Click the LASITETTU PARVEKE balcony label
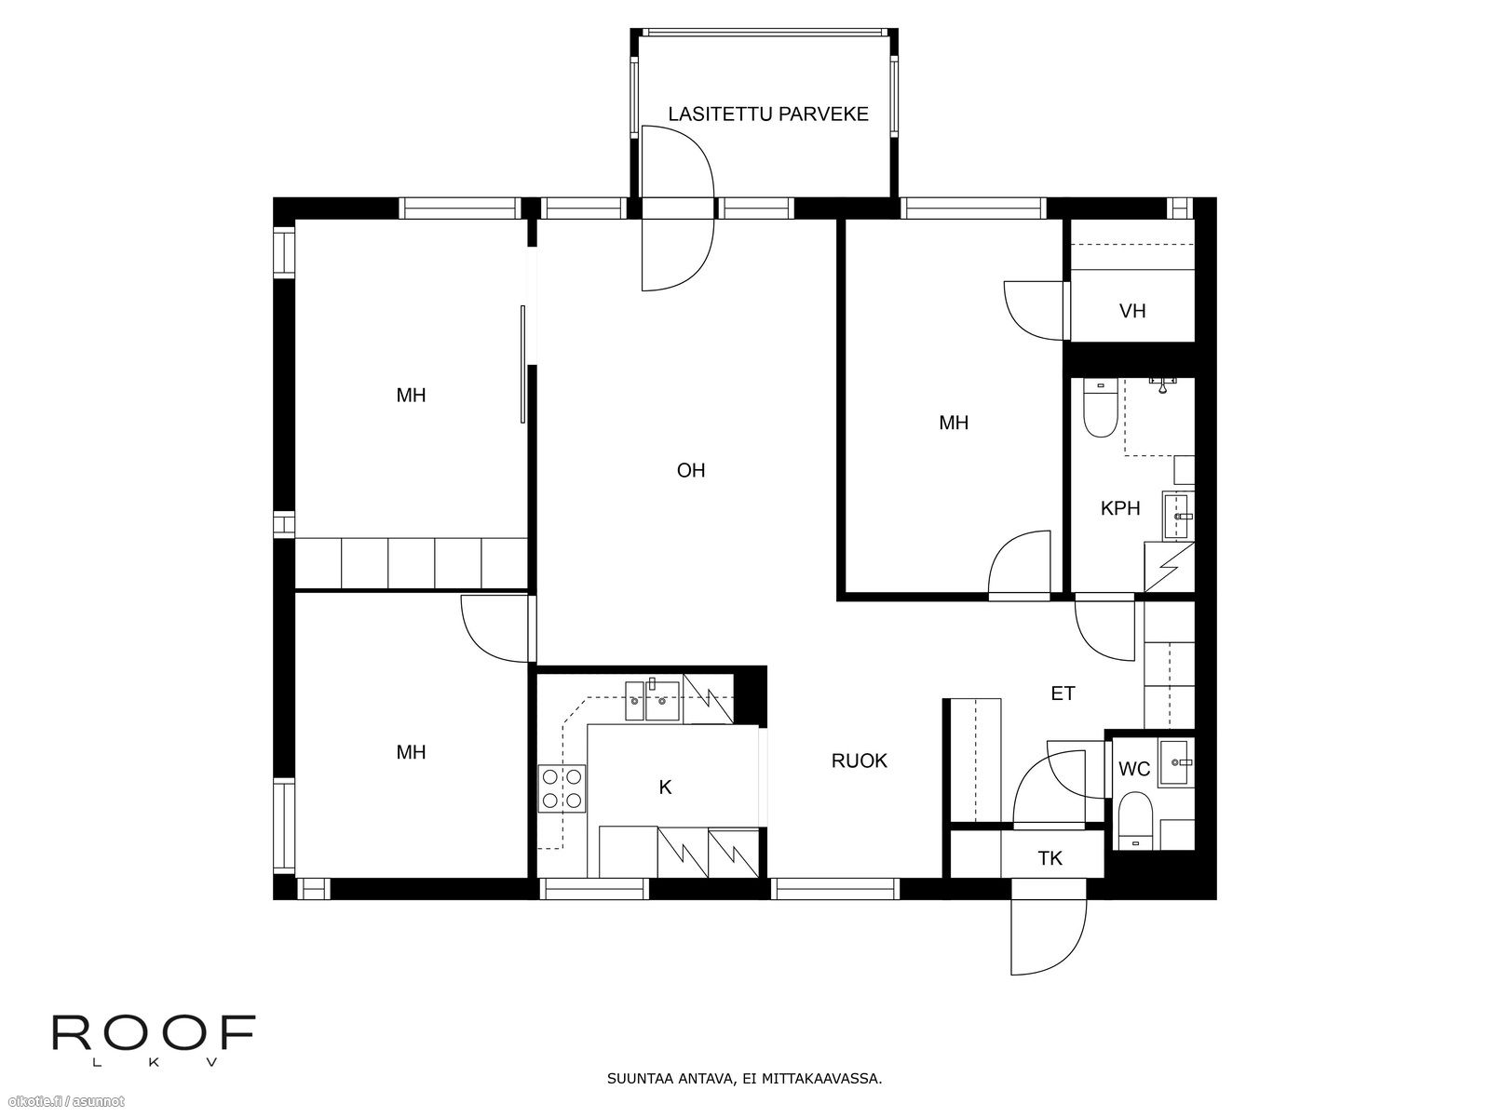click(767, 114)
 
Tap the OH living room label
click(691, 470)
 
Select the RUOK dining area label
click(859, 760)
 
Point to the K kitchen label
click(665, 787)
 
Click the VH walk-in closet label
click(1132, 311)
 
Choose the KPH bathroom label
click(1120, 508)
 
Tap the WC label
click(1133, 769)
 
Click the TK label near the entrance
click(1050, 858)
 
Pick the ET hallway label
click(1063, 693)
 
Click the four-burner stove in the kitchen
click(562, 788)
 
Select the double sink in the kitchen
click(652, 701)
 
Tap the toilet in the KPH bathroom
click(1100, 409)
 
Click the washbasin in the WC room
click(1176, 763)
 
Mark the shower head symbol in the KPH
click(1163, 385)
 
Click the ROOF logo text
click(154, 1033)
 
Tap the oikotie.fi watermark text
click(64, 1102)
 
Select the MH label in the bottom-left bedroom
click(411, 752)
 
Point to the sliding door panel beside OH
click(522, 365)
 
